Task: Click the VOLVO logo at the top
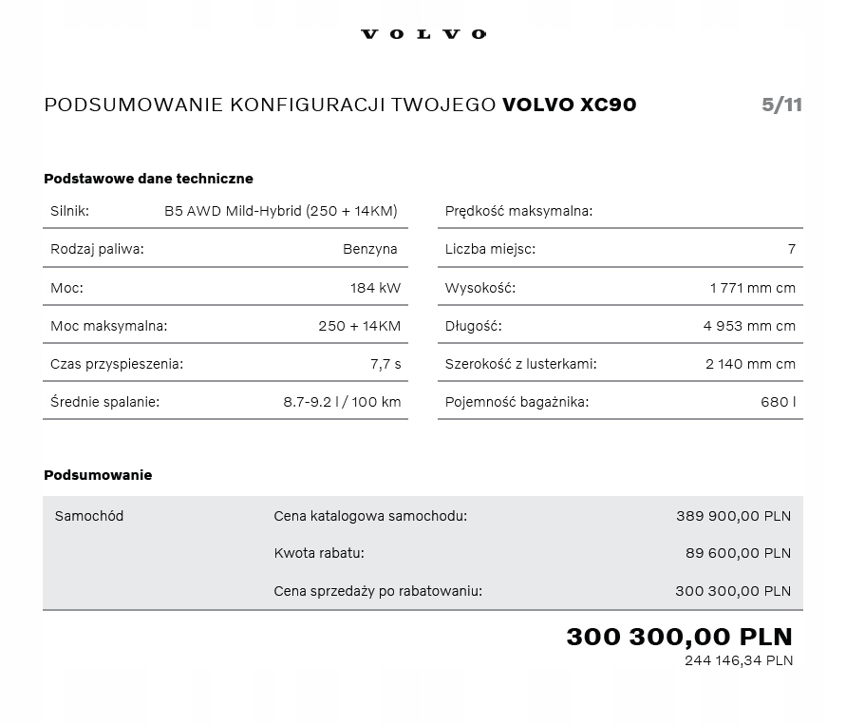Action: coord(423,34)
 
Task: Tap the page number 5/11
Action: coord(781,105)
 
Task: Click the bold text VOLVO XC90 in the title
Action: coord(569,105)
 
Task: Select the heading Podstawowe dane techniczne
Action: coord(148,179)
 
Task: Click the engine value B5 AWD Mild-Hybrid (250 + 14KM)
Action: coord(281,211)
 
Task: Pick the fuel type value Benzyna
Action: coord(370,249)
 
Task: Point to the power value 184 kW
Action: coord(376,288)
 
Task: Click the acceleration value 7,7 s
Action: coord(385,364)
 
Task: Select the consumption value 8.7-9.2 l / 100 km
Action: coord(342,402)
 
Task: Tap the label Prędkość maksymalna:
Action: coord(518,211)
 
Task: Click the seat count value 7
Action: coord(792,249)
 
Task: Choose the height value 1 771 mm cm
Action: coord(753,288)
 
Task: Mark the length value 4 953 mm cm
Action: coord(750,326)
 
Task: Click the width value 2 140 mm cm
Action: coord(751,364)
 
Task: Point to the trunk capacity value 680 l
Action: coord(779,402)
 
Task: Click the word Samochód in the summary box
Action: coord(89,516)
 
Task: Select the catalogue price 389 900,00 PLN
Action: coord(733,516)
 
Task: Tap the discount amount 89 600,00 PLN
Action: coord(738,553)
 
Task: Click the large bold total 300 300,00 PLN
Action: coord(679,637)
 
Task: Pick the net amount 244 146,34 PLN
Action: coord(739,660)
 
